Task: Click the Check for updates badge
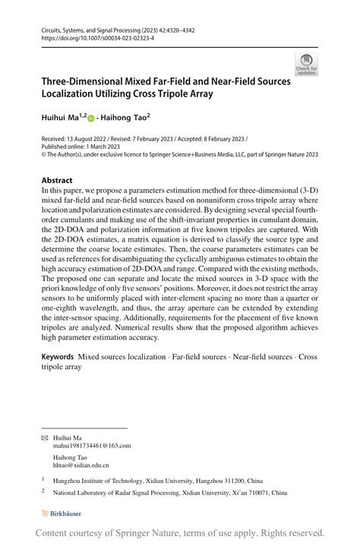(306, 64)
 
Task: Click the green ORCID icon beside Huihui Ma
(91, 119)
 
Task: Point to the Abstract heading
(58, 181)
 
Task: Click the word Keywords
(58, 356)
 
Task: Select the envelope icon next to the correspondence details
(45, 437)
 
